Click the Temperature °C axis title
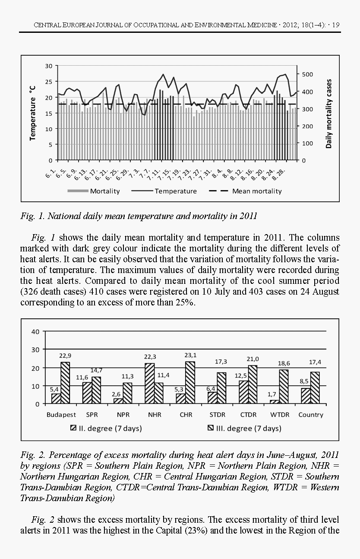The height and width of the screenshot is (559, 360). coord(32,112)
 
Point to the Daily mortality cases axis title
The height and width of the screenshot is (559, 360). coord(329,113)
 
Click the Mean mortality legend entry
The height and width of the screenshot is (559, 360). coord(257,191)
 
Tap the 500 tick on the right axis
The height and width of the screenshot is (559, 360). coord(307,74)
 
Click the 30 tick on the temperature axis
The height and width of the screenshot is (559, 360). coord(49,66)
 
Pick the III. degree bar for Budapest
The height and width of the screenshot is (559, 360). coord(65,383)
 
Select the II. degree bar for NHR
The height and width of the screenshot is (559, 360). coord(150,383)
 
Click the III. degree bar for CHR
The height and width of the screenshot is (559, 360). coord(190,382)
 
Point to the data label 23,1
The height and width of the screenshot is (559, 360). coord(190,355)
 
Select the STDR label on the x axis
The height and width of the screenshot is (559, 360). coord(217,415)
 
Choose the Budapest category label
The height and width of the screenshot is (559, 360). coord(61,415)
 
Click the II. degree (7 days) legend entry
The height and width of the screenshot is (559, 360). coord(106,429)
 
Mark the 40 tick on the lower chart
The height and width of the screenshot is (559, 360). coord(35,331)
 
